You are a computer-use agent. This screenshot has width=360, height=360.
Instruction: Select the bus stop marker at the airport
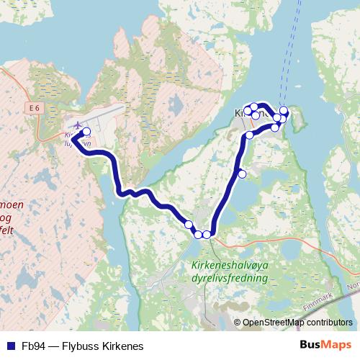86,132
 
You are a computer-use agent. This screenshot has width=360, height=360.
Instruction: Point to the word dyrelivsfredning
230,277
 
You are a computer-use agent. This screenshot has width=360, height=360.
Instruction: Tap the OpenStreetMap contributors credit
297,323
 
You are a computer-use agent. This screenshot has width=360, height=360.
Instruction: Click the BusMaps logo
325,344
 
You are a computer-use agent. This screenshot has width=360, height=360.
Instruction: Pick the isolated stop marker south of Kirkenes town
242,174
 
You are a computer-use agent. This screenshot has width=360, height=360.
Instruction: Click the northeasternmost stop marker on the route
284,110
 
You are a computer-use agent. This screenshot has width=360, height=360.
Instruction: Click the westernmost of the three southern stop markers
189,225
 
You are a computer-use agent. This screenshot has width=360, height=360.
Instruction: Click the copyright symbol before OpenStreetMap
238,323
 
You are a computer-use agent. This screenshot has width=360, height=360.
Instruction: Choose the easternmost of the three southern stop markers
207,234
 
